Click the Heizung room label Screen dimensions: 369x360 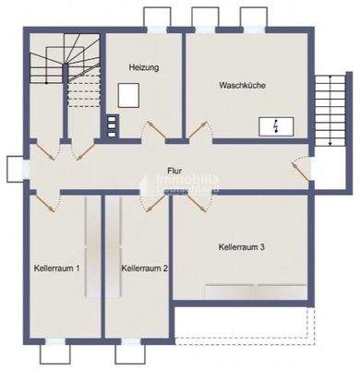pyautogui.click(x=143, y=67)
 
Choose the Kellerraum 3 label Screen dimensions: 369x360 pyautogui.click(x=243, y=246)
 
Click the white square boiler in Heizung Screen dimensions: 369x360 pyautogui.click(x=129, y=94)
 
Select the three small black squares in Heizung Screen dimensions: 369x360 pyautogui.click(x=113, y=125)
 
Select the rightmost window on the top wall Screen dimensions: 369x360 pyautogui.click(x=252, y=18)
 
